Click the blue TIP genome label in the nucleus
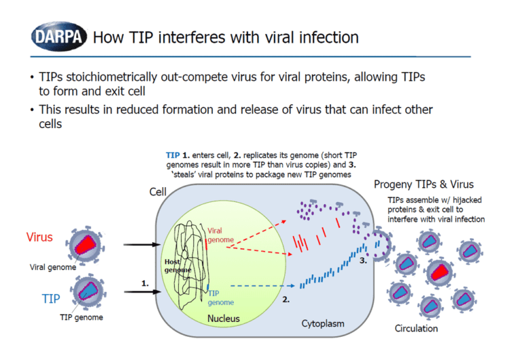221,298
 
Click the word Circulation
416,329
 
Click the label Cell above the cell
158,192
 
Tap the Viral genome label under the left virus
52,267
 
